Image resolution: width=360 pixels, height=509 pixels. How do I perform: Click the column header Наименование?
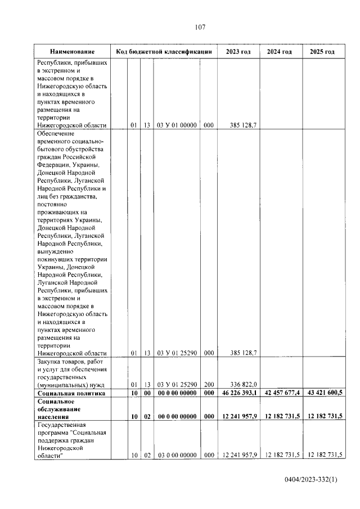[72, 52]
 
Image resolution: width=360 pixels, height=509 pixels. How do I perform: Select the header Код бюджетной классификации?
[163, 52]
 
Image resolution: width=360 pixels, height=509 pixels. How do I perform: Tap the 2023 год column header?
[238, 52]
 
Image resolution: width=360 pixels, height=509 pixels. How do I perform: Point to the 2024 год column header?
[280, 52]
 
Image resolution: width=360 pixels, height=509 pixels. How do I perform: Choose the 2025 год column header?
[322, 52]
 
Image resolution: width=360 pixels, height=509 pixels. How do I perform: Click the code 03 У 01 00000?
[176, 126]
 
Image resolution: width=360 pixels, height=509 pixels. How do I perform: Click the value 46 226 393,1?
[238, 393]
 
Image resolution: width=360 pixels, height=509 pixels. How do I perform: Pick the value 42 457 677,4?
[280, 393]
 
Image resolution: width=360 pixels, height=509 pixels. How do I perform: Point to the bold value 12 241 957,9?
[238, 417]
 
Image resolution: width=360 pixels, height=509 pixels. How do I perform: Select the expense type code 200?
[209, 384]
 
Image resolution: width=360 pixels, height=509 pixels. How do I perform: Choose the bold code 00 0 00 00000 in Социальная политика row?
[176, 393]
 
